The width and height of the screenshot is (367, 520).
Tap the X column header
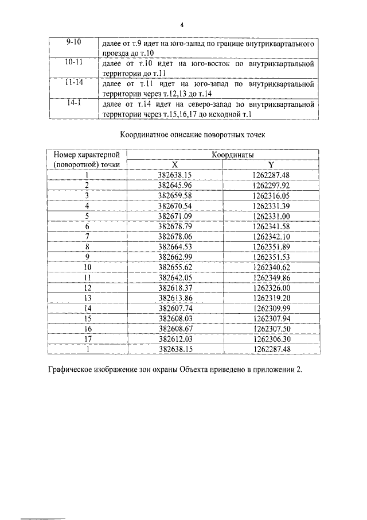[x=175, y=165]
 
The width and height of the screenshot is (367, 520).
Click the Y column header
[x=271, y=165]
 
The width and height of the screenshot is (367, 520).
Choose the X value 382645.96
[x=174, y=185]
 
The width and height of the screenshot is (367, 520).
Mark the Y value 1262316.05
[x=271, y=195]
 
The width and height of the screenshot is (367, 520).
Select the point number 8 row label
[x=87, y=246]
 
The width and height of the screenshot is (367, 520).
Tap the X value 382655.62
[x=174, y=267]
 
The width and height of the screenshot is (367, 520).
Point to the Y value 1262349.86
[x=271, y=278]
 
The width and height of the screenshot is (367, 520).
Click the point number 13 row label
[x=87, y=298]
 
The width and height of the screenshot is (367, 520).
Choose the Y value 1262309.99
[x=271, y=308]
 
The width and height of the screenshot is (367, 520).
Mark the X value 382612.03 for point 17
[x=174, y=339]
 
